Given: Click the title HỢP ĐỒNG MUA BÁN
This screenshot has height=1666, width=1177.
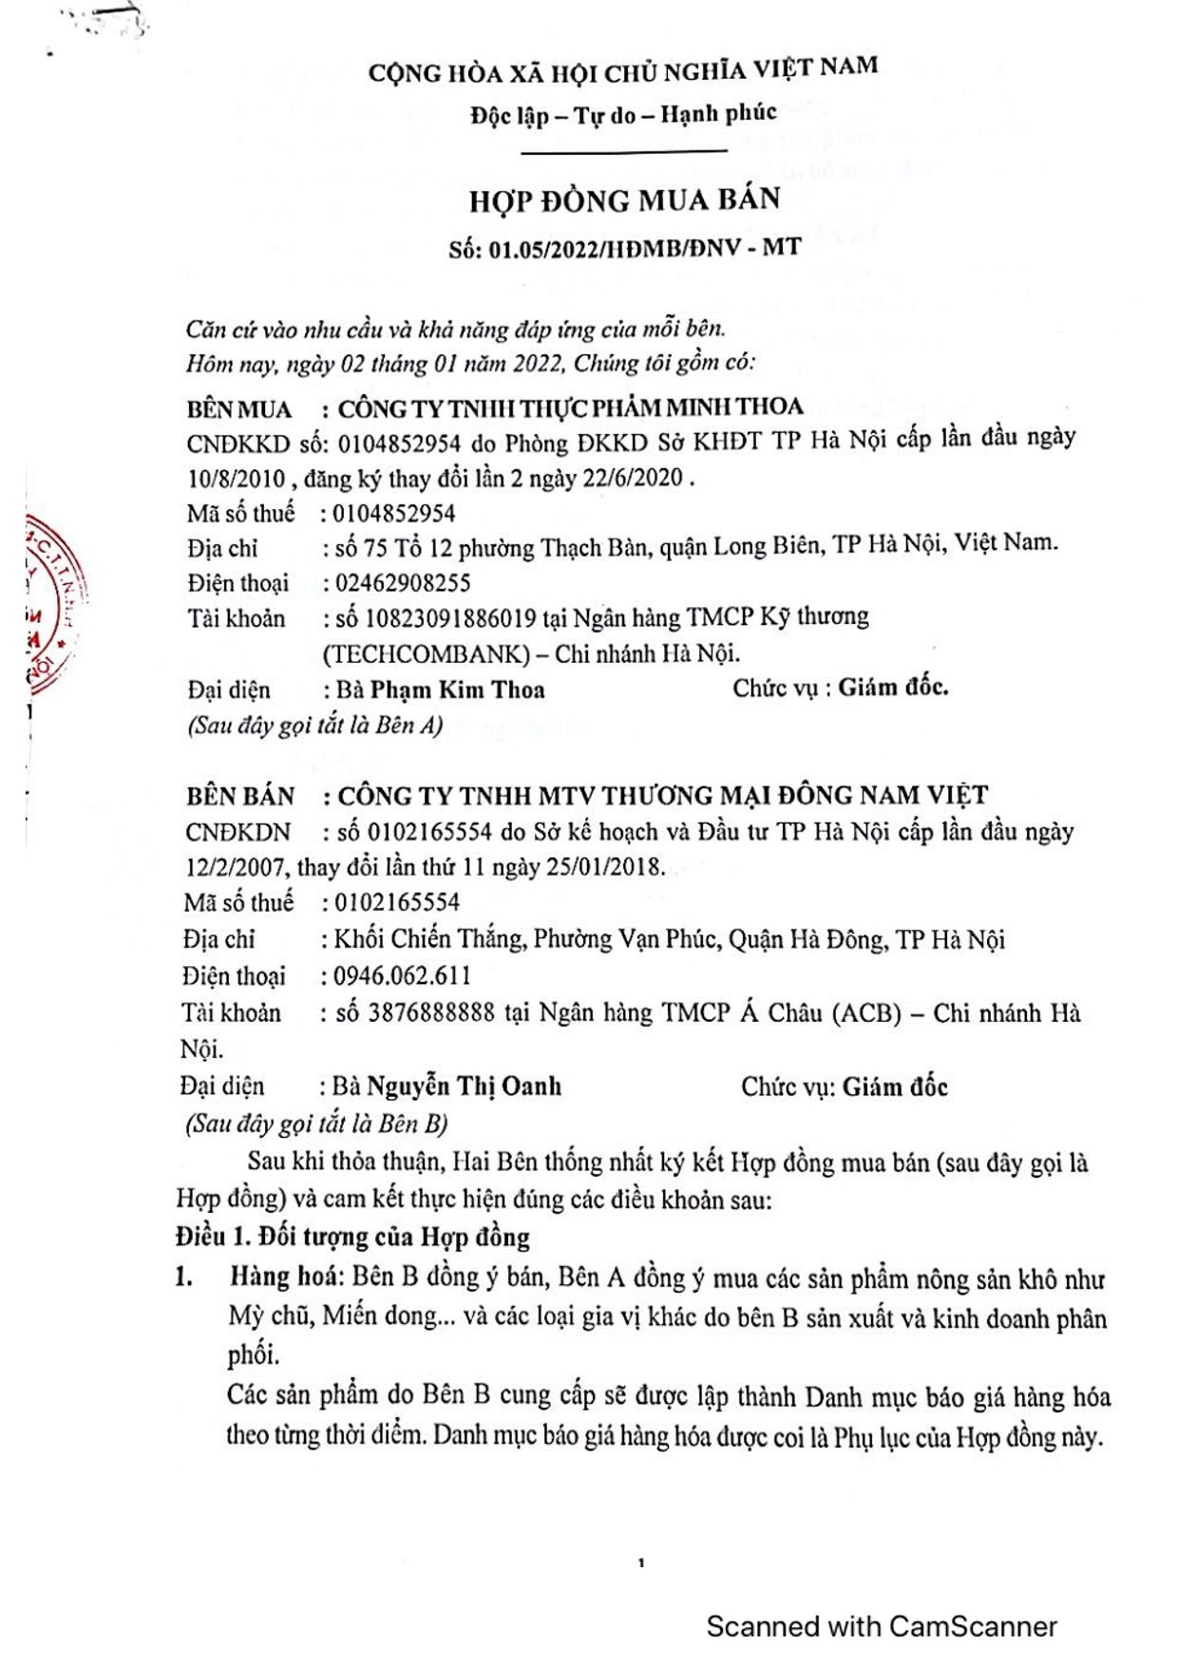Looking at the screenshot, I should pos(624,200).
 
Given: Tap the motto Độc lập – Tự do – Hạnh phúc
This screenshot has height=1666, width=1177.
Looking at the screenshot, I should pos(623,115).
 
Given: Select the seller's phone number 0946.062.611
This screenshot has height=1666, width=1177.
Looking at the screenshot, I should pos(402,975).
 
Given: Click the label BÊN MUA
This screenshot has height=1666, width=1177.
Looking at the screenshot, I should pos(239,409).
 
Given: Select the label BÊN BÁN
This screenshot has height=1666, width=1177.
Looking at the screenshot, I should pos(240,795).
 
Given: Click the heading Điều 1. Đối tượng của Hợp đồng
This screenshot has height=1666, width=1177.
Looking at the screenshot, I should pos(352,1237).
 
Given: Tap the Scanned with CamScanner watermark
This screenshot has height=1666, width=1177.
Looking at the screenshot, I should pos(881,1626).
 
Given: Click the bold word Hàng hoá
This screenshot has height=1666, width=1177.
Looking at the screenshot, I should pos(283,1277).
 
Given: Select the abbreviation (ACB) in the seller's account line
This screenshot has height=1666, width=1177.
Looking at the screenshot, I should pos(865,1013).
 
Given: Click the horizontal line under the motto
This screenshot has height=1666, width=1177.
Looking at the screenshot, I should pos(623,151).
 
